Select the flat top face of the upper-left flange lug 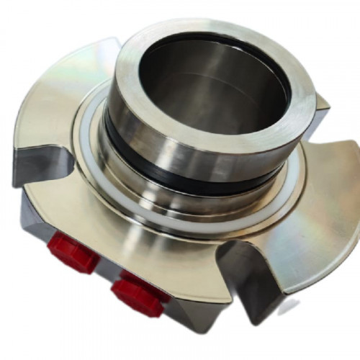(x=65, y=86)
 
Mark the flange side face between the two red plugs (x=101, y=277)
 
